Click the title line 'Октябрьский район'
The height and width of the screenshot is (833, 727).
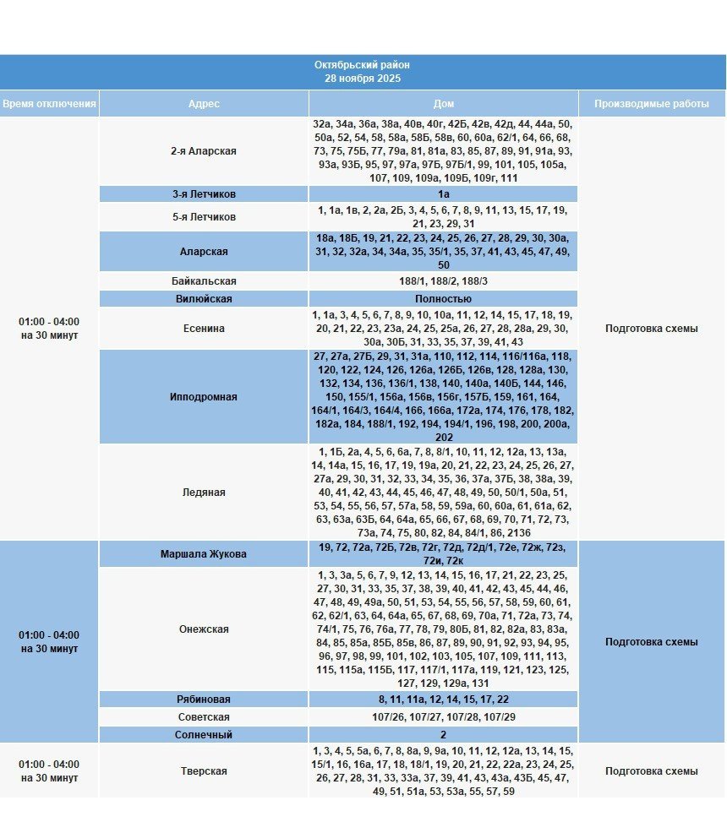362,65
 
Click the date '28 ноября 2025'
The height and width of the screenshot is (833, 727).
362,79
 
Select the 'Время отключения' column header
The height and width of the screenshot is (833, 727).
49,103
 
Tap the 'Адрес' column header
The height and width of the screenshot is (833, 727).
204,103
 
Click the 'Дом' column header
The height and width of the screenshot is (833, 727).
443,103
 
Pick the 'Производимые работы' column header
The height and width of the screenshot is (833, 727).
651,103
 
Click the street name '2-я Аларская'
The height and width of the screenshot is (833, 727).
204,151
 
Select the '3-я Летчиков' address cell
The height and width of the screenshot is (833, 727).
204,194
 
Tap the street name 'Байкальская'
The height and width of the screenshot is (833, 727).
204,281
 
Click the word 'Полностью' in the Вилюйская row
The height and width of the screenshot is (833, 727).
443,299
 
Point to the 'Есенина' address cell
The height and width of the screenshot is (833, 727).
204,329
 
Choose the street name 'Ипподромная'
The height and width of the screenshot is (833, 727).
204,397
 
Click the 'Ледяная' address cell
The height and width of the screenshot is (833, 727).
204,493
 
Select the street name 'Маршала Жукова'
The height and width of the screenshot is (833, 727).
204,555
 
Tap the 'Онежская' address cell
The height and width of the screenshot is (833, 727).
204,629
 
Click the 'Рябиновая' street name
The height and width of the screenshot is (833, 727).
204,700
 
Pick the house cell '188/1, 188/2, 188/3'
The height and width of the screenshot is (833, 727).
443,281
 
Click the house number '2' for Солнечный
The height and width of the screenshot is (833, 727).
443,735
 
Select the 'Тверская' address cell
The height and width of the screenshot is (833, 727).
204,771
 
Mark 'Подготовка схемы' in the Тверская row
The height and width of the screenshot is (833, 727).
651,771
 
